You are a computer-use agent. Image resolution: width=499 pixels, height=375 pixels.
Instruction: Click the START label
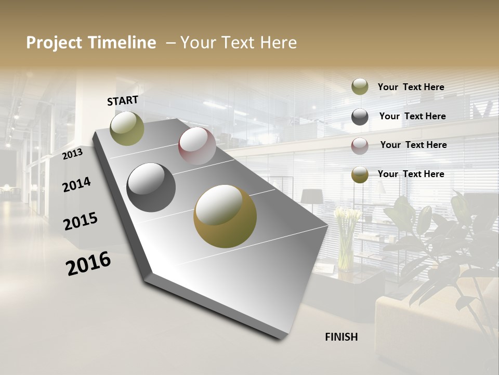123,101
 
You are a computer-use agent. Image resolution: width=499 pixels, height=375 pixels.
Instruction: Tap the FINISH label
342,337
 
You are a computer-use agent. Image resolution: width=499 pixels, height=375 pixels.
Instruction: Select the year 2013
72,154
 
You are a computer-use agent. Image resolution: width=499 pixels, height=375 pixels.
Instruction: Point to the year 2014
77,184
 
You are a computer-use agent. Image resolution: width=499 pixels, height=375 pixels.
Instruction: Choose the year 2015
81,221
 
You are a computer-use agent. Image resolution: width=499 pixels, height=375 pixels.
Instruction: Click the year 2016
88,264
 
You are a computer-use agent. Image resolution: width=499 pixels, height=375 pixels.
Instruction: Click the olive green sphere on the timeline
127,128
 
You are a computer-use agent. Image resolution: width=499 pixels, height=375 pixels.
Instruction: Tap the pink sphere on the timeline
197,146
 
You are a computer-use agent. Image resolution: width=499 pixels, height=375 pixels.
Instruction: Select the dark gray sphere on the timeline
151,187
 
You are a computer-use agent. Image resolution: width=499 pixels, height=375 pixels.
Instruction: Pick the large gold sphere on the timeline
225,216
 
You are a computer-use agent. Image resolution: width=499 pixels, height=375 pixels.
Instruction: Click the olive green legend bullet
360,87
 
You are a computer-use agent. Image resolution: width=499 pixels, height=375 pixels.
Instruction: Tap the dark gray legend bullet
360,117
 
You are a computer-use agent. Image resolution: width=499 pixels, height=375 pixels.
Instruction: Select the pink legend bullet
360,145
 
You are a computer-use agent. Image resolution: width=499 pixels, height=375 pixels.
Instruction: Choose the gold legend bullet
360,174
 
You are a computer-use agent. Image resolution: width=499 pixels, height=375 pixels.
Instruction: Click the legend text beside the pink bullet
413,145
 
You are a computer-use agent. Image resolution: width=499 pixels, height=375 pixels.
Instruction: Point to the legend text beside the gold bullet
411,174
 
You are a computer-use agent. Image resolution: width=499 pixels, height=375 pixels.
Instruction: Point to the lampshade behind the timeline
311,196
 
